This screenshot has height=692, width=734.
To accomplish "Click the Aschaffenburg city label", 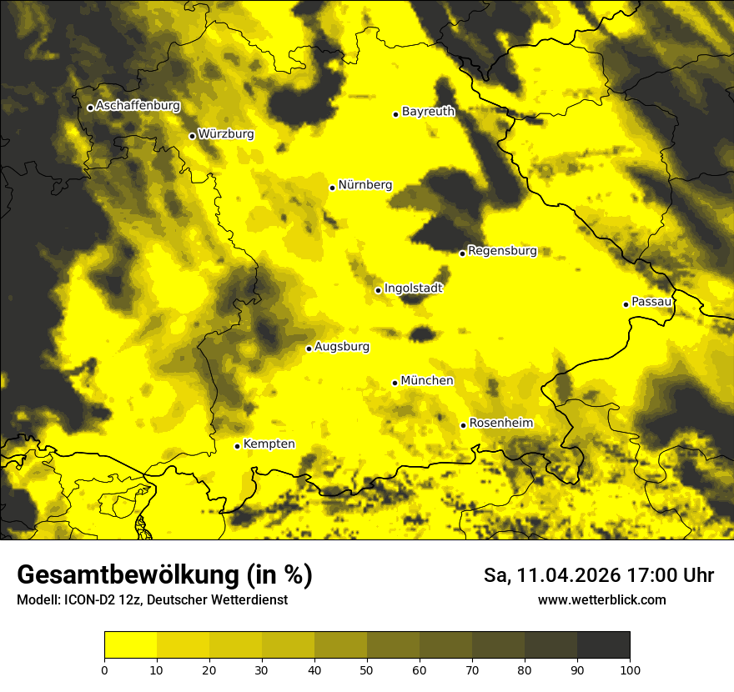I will click(138, 106).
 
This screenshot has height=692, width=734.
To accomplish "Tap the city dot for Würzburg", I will click(192, 136).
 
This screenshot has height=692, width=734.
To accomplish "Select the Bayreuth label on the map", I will click(428, 111).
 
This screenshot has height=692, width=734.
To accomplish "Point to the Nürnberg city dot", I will click(332, 188).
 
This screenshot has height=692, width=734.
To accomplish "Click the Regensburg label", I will click(502, 250).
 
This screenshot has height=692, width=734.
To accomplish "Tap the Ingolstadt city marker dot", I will click(378, 290).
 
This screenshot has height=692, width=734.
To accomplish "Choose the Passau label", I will click(651, 302).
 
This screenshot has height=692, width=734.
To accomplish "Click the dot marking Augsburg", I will click(309, 349).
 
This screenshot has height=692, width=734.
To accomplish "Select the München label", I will click(427, 381).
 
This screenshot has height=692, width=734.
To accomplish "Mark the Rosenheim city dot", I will click(463, 425).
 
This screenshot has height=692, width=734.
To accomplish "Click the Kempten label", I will click(269, 444).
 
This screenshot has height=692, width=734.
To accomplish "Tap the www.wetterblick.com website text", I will click(601, 599).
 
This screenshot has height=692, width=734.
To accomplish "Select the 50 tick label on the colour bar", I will click(367, 669).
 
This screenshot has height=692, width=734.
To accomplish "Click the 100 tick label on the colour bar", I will click(630, 669).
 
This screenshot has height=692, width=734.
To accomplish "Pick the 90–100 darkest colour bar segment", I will click(603, 645).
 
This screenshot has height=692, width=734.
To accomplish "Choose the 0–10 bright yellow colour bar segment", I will click(130, 645).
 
